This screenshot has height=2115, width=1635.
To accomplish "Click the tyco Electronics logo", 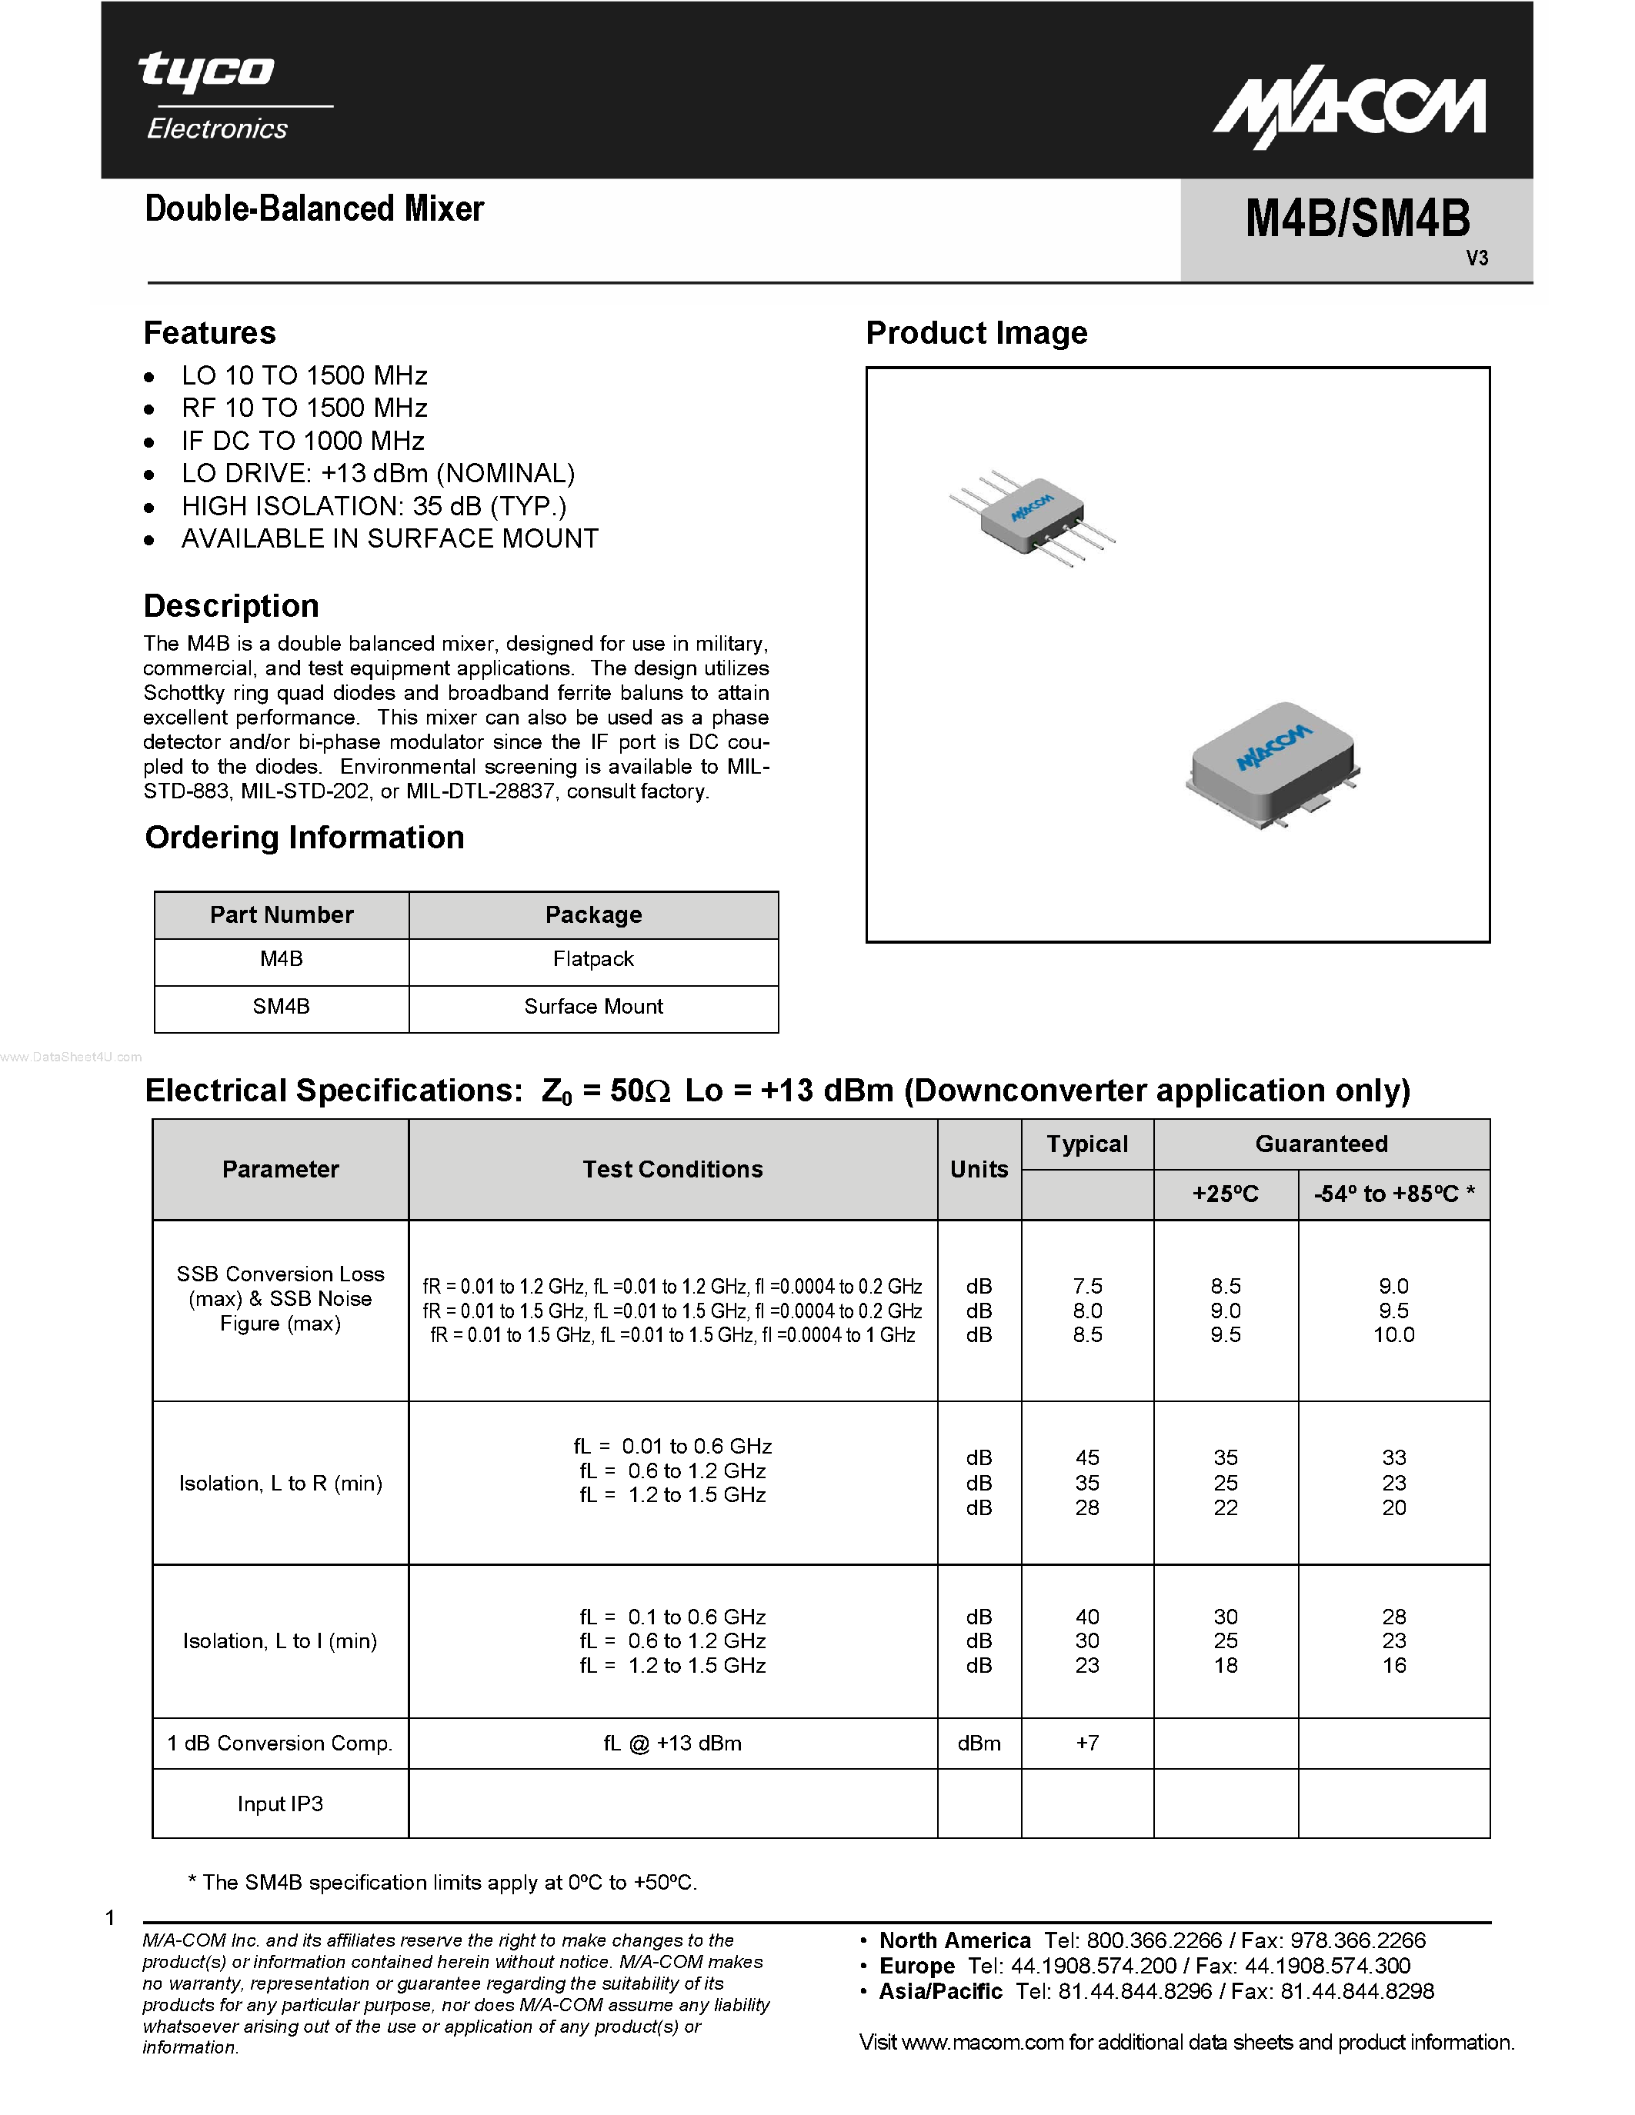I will tap(218, 97).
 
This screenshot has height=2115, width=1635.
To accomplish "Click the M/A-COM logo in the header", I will tap(1350, 112).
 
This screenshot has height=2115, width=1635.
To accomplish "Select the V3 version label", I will tap(1477, 258).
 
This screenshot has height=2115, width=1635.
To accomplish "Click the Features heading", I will tap(209, 333).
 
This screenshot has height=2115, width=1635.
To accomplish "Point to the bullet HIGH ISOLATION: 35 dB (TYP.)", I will tap(374, 507).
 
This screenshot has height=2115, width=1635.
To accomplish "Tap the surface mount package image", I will tap(1271, 765).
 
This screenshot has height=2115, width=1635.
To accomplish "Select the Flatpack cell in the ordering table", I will tap(592, 960).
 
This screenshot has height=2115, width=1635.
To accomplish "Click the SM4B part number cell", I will tap(281, 1008).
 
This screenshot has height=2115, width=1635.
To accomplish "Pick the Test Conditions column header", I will tap(672, 1170).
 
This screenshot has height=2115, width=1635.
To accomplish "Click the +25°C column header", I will tap(1225, 1195).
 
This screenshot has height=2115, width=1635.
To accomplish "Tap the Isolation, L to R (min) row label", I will tap(280, 1484).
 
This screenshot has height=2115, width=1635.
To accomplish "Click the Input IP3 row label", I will tap(280, 1804).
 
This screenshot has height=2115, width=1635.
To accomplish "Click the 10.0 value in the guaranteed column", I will tap(1393, 1335).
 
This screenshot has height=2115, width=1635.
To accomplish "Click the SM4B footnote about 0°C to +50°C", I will tap(442, 1883).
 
